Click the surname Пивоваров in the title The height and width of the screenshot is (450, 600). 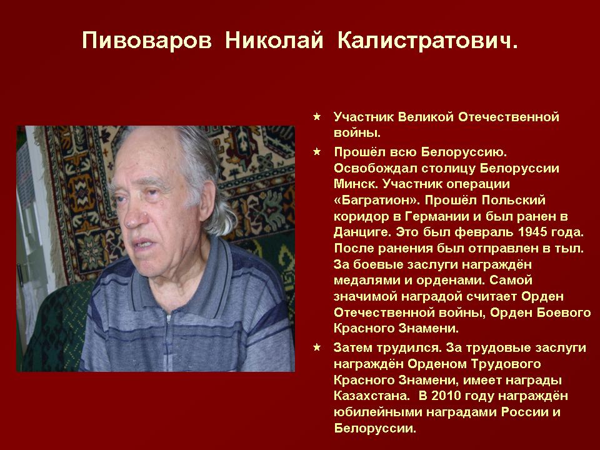146,41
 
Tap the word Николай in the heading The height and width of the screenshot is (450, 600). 274,41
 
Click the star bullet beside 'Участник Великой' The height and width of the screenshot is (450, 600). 317,117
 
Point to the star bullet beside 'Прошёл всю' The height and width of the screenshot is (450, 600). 317,152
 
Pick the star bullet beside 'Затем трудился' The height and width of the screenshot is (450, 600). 317,347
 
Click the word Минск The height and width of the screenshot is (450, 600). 355,184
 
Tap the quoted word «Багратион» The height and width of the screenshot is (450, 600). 377,201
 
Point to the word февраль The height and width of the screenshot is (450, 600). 483,232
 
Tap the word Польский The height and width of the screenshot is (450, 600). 514,200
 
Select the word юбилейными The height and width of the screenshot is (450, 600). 377,412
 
